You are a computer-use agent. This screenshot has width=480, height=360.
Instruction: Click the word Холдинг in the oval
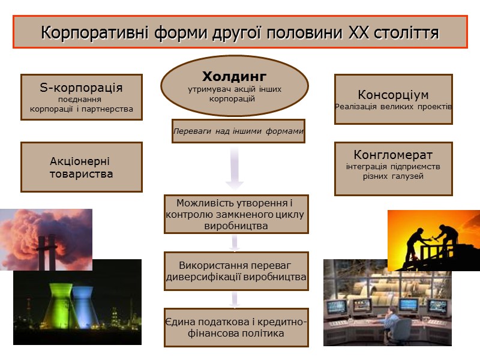click(x=234, y=77)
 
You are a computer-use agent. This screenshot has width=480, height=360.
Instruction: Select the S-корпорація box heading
click(x=81, y=88)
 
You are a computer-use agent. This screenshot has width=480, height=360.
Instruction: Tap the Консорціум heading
click(x=393, y=95)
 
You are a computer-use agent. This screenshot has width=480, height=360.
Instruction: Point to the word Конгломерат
click(x=393, y=155)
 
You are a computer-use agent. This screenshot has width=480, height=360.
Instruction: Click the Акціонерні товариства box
click(x=82, y=167)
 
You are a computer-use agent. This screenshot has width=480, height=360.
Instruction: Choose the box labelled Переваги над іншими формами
click(x=238, y=131)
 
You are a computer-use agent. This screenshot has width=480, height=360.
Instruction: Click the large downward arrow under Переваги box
click(x=235, y=168)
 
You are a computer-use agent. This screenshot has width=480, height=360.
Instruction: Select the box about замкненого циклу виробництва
click(x=236, y=214)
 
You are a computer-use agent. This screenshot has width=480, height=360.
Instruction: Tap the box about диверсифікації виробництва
click(x=236, y=271)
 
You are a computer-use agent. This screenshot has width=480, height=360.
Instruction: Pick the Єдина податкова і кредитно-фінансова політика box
click(x=236, y=328)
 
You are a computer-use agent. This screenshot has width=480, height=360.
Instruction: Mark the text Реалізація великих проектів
click(x=393, y=106)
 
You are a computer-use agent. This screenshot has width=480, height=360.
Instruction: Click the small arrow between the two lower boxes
click(x=235, y=299)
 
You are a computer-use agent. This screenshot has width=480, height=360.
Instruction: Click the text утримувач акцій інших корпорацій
click(x=234, y=93)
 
